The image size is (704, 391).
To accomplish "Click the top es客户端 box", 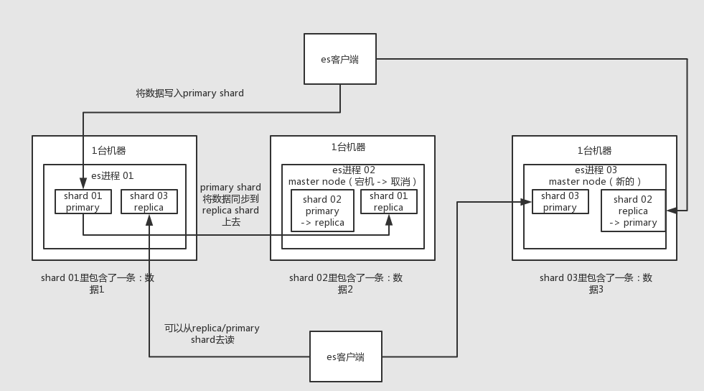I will (x=339, y=59).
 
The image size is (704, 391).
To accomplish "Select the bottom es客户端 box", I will (x=345, y=356).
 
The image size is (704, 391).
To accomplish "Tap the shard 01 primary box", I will (x=83, y=201).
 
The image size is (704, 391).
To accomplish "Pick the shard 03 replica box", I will (x=149, y=201).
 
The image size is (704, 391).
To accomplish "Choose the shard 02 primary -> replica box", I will (x=322, y=211).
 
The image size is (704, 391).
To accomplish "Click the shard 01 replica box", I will (x=388, y=201).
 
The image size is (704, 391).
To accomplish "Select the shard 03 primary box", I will (x=560, y=201).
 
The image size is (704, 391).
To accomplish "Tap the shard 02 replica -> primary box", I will (x=633, y=211).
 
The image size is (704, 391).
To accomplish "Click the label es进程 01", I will (x=112, y=175).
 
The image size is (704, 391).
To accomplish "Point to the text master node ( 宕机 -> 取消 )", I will (x=352, y=182).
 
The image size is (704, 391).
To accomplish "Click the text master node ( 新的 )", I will (x=594, y=182).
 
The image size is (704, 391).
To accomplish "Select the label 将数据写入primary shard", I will (x=190, y=93).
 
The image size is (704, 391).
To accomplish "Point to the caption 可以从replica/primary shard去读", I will (x=212, y=333).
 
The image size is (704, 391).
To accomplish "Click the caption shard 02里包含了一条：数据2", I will (x=346, y=283).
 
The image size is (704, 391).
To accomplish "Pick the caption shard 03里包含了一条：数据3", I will (x=596, y=283).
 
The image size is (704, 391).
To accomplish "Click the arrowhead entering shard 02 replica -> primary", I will (x=671, y=210).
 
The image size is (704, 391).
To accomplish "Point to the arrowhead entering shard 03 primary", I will (x=527, y=202).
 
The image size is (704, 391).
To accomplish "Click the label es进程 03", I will (x=595, y=170).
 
